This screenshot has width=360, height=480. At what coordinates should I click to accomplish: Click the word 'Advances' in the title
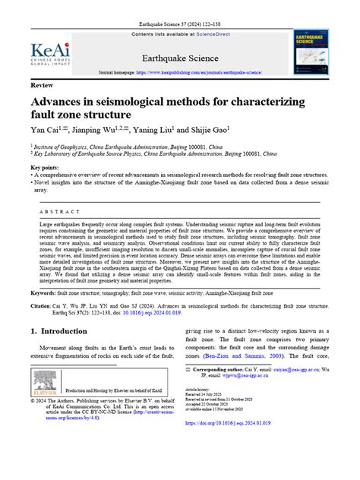tap(62, 103)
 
